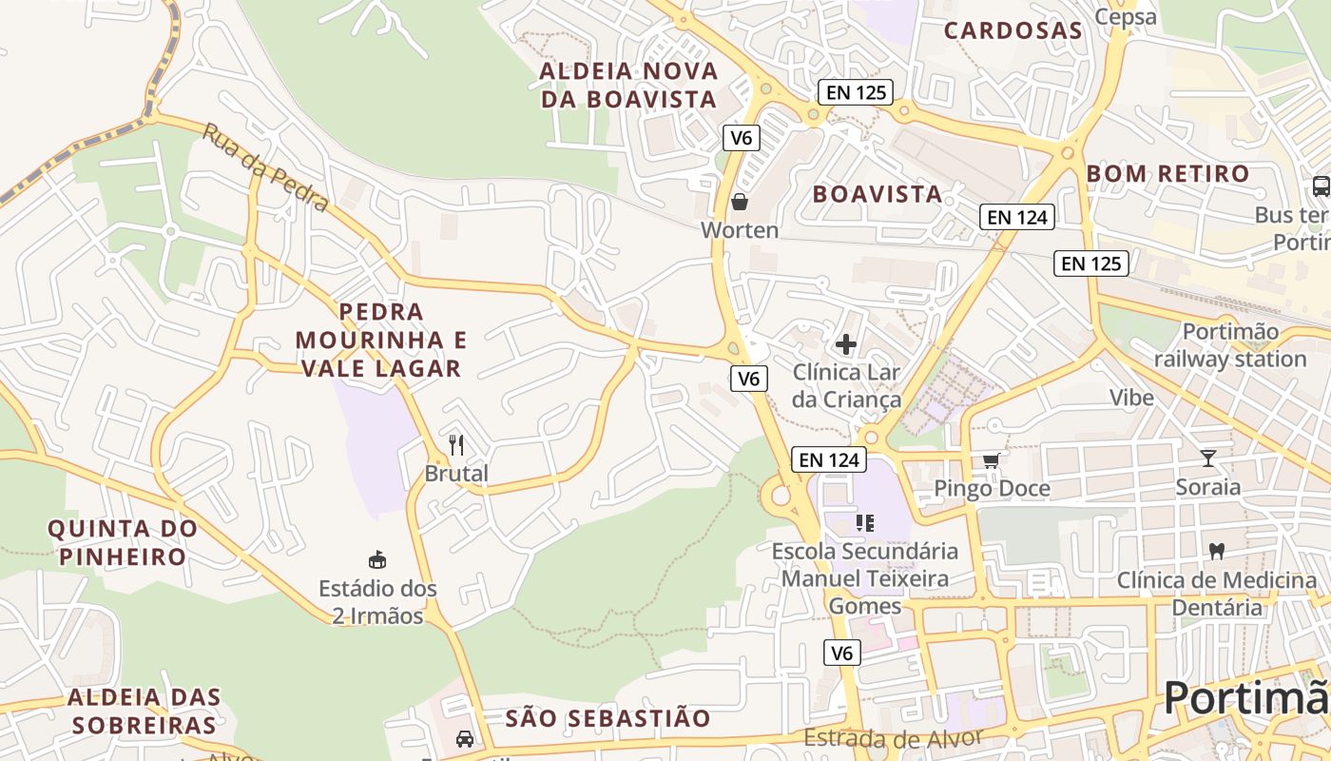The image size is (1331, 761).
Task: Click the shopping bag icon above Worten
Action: (x=740, y=202)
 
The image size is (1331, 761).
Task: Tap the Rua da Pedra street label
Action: (x=266, y=168)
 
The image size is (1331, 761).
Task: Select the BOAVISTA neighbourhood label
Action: (x=877, y=194)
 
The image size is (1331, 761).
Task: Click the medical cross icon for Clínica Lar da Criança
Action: (x=845, y=343)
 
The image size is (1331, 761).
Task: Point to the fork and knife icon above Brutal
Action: (x=456, y=444)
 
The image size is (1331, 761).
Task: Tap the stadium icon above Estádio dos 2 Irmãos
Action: (x=377, y=559)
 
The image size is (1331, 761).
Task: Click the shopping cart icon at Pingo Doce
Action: (x=991, y=460)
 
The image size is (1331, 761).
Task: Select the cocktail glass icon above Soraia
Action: (x=1208, y=459)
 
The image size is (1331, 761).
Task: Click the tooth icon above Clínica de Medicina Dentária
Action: (x=1216, y=551)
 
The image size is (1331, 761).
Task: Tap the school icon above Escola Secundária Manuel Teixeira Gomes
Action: (x=864, y=521)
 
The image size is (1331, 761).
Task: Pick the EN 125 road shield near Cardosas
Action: (x=855, y=92)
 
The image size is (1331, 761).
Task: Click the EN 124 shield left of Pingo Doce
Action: (x=828, y=460)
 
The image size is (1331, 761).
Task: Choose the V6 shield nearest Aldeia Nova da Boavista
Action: (x=741, y=138)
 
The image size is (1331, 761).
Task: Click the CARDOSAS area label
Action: (x=1013, y=30)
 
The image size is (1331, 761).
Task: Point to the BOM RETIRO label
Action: (x=1167, y=174)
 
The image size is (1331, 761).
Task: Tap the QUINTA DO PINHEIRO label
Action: (x=123, y=542)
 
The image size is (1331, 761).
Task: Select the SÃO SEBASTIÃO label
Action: (x=608, y=718)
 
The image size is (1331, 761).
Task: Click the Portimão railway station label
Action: (x=1230, y=345)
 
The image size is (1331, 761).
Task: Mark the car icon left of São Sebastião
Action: (x=464, y=738)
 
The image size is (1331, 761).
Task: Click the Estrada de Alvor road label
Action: (x=892, y=738)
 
